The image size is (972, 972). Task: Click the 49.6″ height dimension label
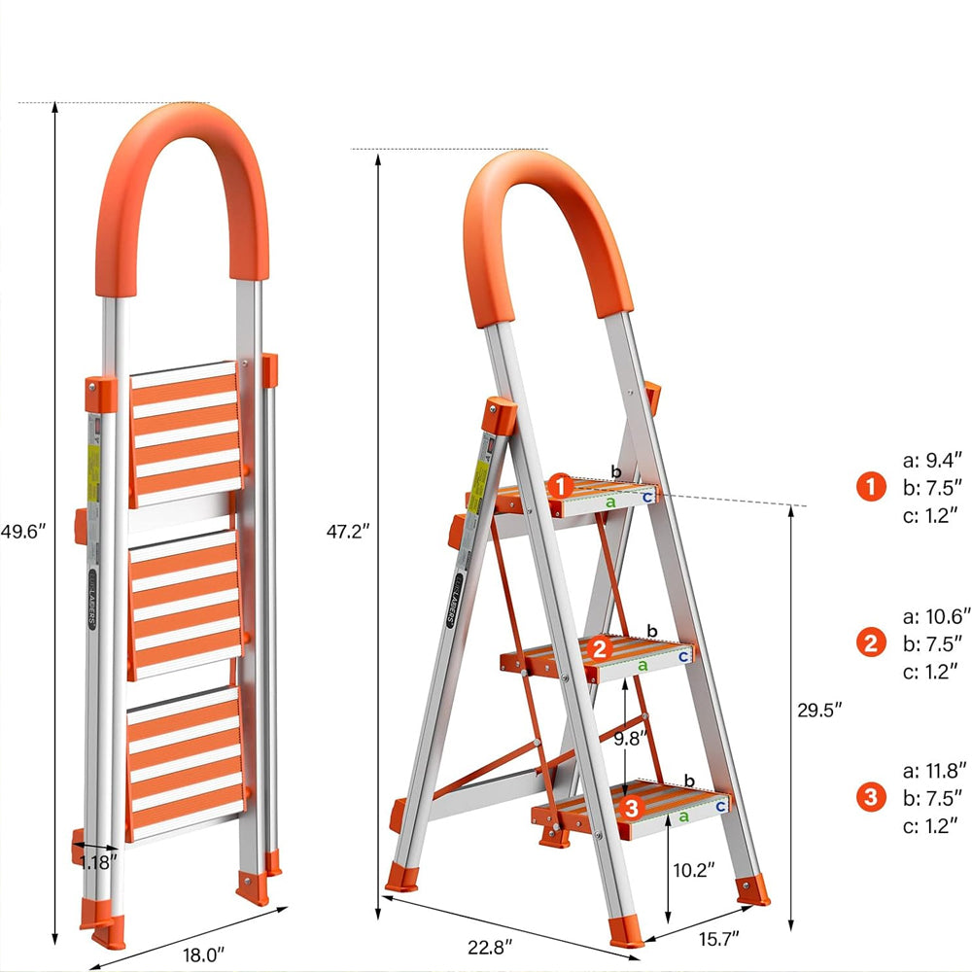23,533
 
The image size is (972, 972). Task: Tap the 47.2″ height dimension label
347,533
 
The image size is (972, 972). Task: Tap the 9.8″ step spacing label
629,738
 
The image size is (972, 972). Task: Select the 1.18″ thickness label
98,861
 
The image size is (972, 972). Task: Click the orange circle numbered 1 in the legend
871,486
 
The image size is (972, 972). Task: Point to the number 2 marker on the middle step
600,649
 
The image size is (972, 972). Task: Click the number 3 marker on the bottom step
631,806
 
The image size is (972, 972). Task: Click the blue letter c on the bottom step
720,806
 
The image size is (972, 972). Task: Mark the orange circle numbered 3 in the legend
871,798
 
